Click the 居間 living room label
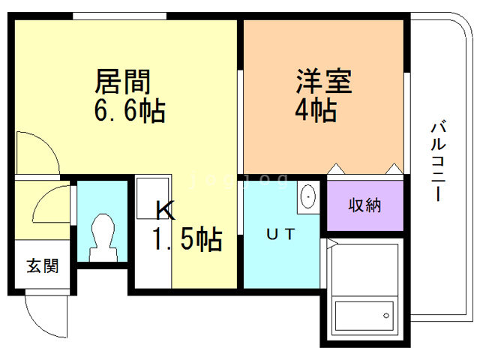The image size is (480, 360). point(122,82)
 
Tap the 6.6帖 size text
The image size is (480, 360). point(130,111)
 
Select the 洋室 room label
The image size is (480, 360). point(324,81)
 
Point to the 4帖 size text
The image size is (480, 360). point(316,110)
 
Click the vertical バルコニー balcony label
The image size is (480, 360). point(439,161)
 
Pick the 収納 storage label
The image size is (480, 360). point(365,205)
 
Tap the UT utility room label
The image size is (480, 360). point(280,235)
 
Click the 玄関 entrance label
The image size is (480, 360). point(43,265)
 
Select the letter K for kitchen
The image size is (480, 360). point(166,210)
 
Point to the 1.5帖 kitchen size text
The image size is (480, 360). point(187,238)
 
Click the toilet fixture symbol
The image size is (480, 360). point(103,238)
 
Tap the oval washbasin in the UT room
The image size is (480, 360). point(308,196)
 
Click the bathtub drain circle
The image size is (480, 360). point(386,316)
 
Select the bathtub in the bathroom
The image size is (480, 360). point(364,316)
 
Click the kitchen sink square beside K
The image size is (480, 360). point(152,198)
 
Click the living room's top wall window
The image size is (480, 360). point(120,16)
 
